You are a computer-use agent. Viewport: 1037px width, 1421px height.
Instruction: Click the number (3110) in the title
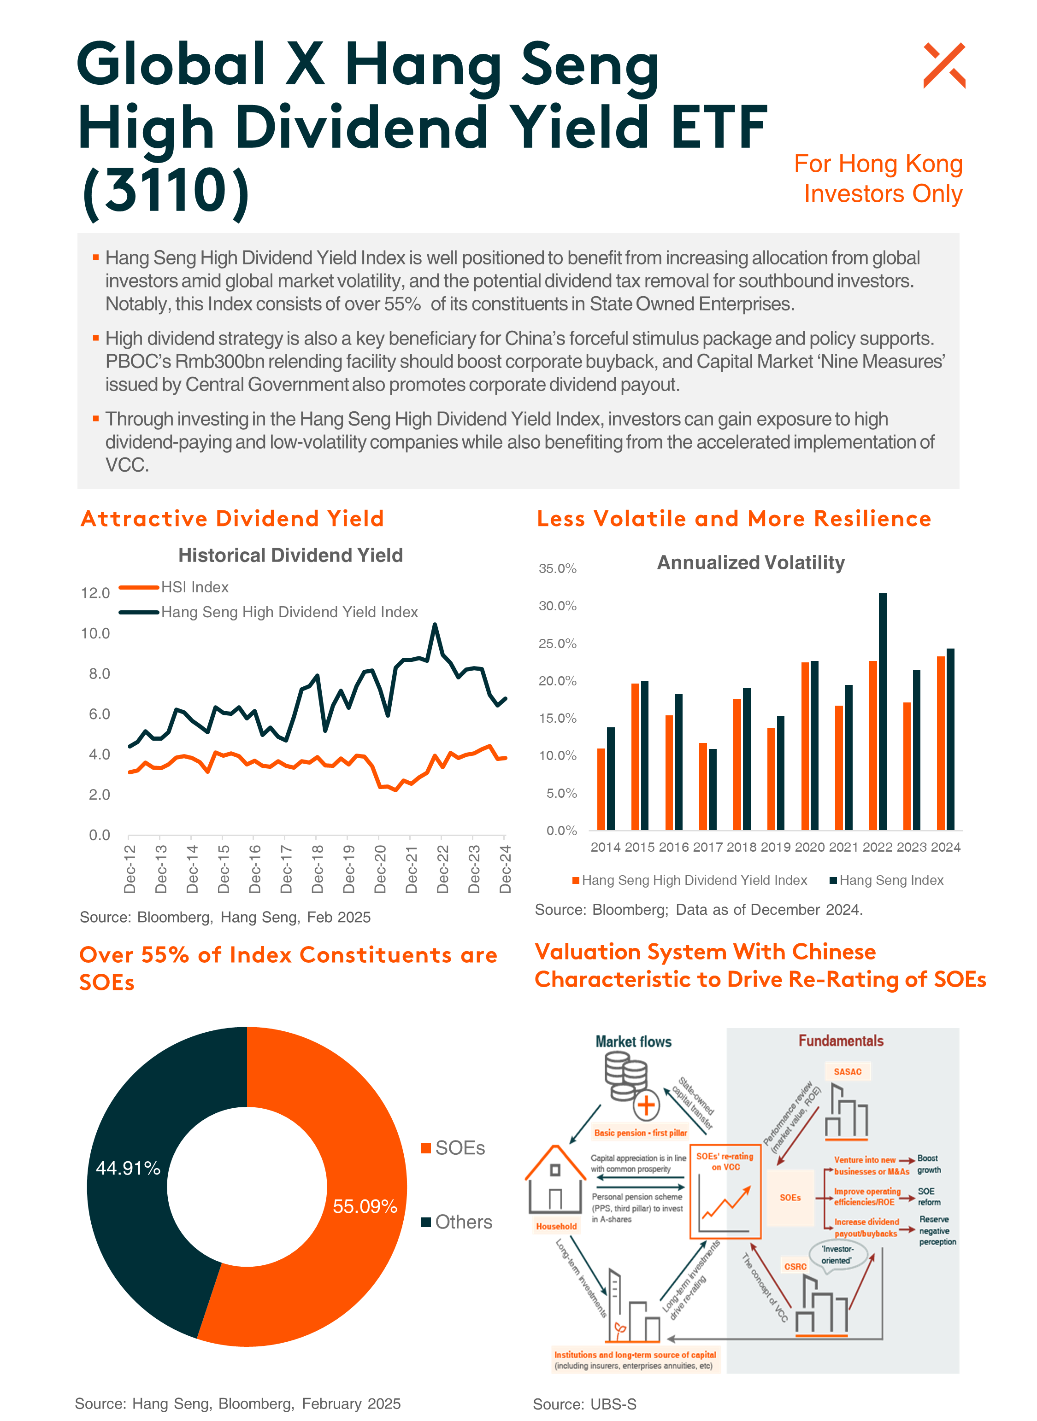(166, 191)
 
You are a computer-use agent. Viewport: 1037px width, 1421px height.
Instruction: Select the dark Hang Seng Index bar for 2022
(883, 712)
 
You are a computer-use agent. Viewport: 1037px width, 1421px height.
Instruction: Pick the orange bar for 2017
(703, 787)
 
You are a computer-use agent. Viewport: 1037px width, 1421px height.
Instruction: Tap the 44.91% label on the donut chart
(128, 1168)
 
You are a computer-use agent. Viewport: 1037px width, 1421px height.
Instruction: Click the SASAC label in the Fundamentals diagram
(848, 1071)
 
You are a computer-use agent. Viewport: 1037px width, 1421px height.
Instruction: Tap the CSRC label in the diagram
(795, 1267)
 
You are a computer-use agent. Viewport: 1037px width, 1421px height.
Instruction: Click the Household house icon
(555, 1180)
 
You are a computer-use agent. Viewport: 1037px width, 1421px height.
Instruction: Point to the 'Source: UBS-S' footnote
(584, 1404)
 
